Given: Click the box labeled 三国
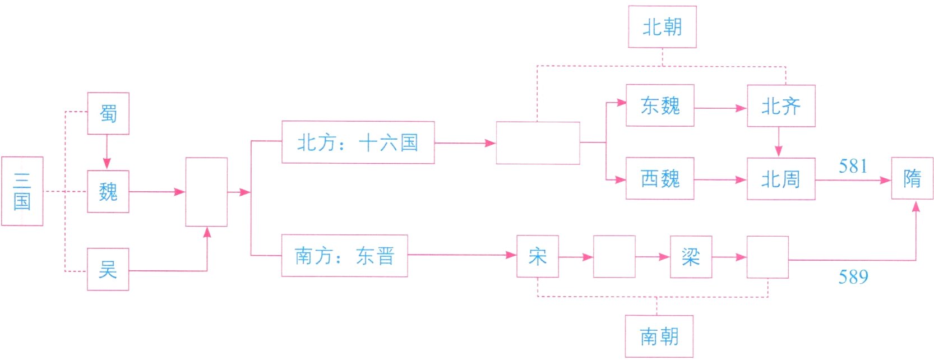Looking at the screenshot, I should (x=22, y=191).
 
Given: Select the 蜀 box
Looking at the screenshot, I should (x=108, y=114).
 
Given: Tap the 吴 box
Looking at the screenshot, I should (x=108, y=270).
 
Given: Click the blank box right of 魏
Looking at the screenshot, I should (x=206, y=192).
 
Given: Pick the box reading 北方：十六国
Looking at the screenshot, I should (x=358, y=142).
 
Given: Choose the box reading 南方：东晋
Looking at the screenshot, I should (x=344, y=256).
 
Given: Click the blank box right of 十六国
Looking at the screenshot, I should (x=538, y=143).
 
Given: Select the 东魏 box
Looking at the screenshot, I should (x=660, y=105).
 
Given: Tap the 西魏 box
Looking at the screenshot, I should (x=660, y=178).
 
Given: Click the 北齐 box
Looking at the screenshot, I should (x=780, y=106).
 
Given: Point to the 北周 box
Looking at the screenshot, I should (x=780, y=179).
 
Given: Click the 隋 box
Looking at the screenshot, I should (x=912, y=178).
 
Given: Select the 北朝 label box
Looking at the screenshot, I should (x=662, y=27).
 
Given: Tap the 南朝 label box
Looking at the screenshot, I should (x=659, y=336).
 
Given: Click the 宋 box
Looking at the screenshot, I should (x=537, y=256).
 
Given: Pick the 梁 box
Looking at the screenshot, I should (x=691, y=257).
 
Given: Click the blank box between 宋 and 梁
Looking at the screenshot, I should (x=614, y=257).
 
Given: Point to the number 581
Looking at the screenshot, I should (x=853, y=166).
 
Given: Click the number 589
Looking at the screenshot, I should (x=853, y=276).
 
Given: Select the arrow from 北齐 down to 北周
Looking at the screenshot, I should (x=778, y=142).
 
